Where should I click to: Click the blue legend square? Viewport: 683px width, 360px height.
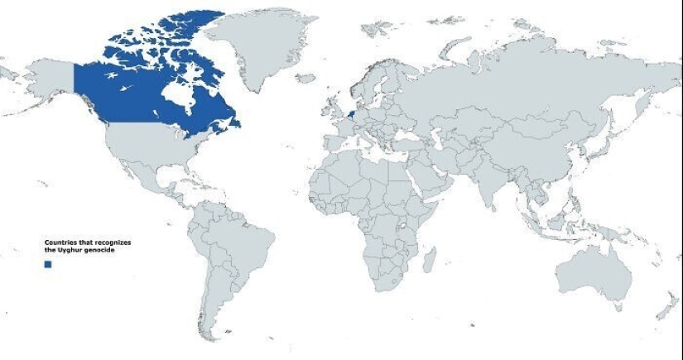[x=48, y=263]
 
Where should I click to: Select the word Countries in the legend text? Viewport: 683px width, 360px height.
[x=60, y=242]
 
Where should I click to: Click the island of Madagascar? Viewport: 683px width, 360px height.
[x=429, y=262]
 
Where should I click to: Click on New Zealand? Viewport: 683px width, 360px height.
[x=667, y=307]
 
